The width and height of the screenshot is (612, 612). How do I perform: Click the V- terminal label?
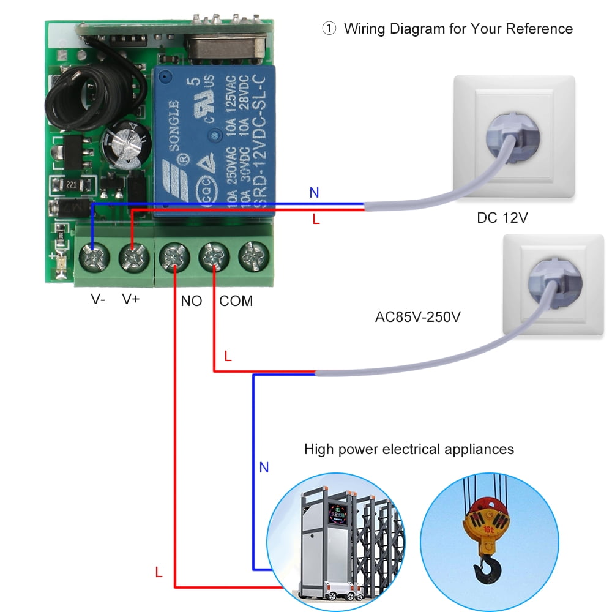pos(97,300)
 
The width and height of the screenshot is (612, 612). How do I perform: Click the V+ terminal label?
pos(132,300)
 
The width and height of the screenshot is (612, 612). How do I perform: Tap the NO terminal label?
pos(192,301)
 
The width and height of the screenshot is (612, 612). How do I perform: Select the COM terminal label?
pos(236,301)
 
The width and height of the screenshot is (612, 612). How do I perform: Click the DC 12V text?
pos(502,218)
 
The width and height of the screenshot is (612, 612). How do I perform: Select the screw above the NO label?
pos(174,257)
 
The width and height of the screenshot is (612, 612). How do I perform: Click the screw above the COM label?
pos(214,256)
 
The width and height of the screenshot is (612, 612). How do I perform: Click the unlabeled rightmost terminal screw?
pos(253,256)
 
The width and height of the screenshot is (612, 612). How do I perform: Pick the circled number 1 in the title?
pos(329,29)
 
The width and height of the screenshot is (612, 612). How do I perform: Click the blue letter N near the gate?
pos(264,468)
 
